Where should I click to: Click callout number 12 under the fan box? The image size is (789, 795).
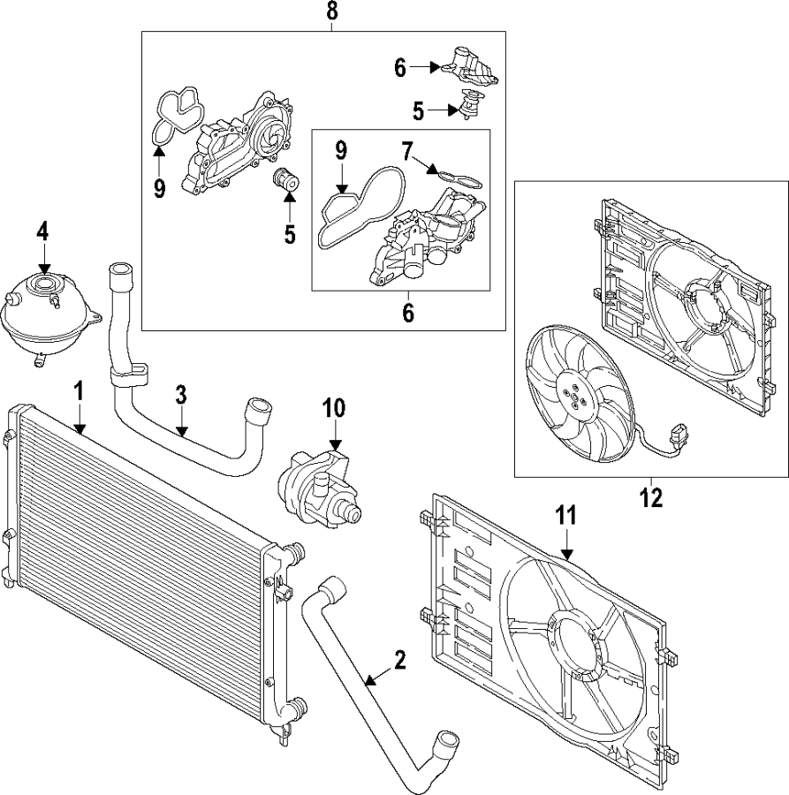(x=650, y=497)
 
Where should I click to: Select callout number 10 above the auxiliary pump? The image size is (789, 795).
(x=335, y=408)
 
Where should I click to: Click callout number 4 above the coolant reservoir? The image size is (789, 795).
(x=43, y=231)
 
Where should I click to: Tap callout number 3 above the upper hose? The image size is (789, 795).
(x=180, y=394)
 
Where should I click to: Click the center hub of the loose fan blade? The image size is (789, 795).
(x=574, y=395)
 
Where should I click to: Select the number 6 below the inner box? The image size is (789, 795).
(x=407, y=312)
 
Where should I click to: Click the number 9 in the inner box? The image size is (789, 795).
(x=339, y=152)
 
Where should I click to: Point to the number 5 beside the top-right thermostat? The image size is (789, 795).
(x=418, y=110)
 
